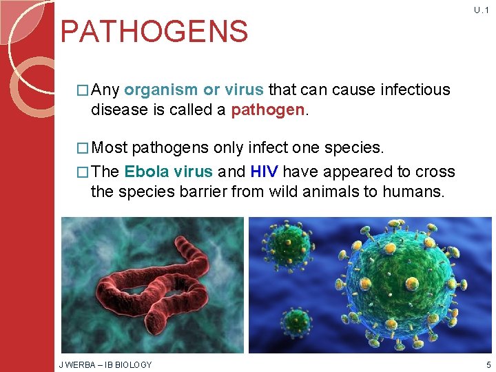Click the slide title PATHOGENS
(154, 32)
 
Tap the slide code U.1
(481, 10)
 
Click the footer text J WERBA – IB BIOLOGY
(106, 364)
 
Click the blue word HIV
(264, 172)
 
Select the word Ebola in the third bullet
(145, 172)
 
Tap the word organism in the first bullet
(161, 90)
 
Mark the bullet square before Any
(85, 90)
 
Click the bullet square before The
(85, 172)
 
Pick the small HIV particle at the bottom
(297, 322)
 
